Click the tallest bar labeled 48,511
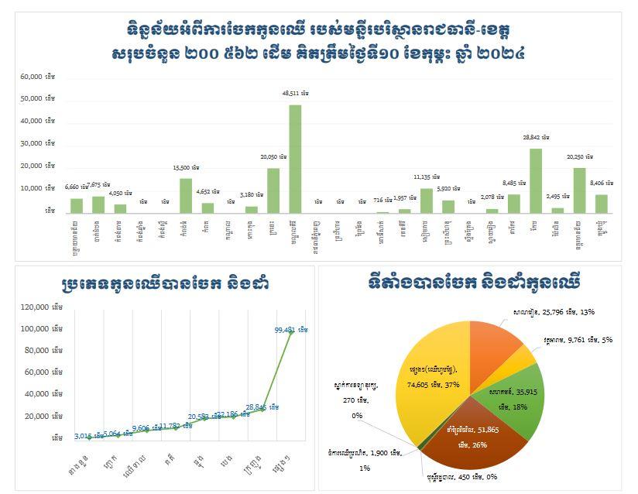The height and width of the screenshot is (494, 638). click(295, 159)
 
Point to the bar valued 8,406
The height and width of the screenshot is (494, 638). click(602, 203)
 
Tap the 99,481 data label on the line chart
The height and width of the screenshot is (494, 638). click(290, 330)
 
